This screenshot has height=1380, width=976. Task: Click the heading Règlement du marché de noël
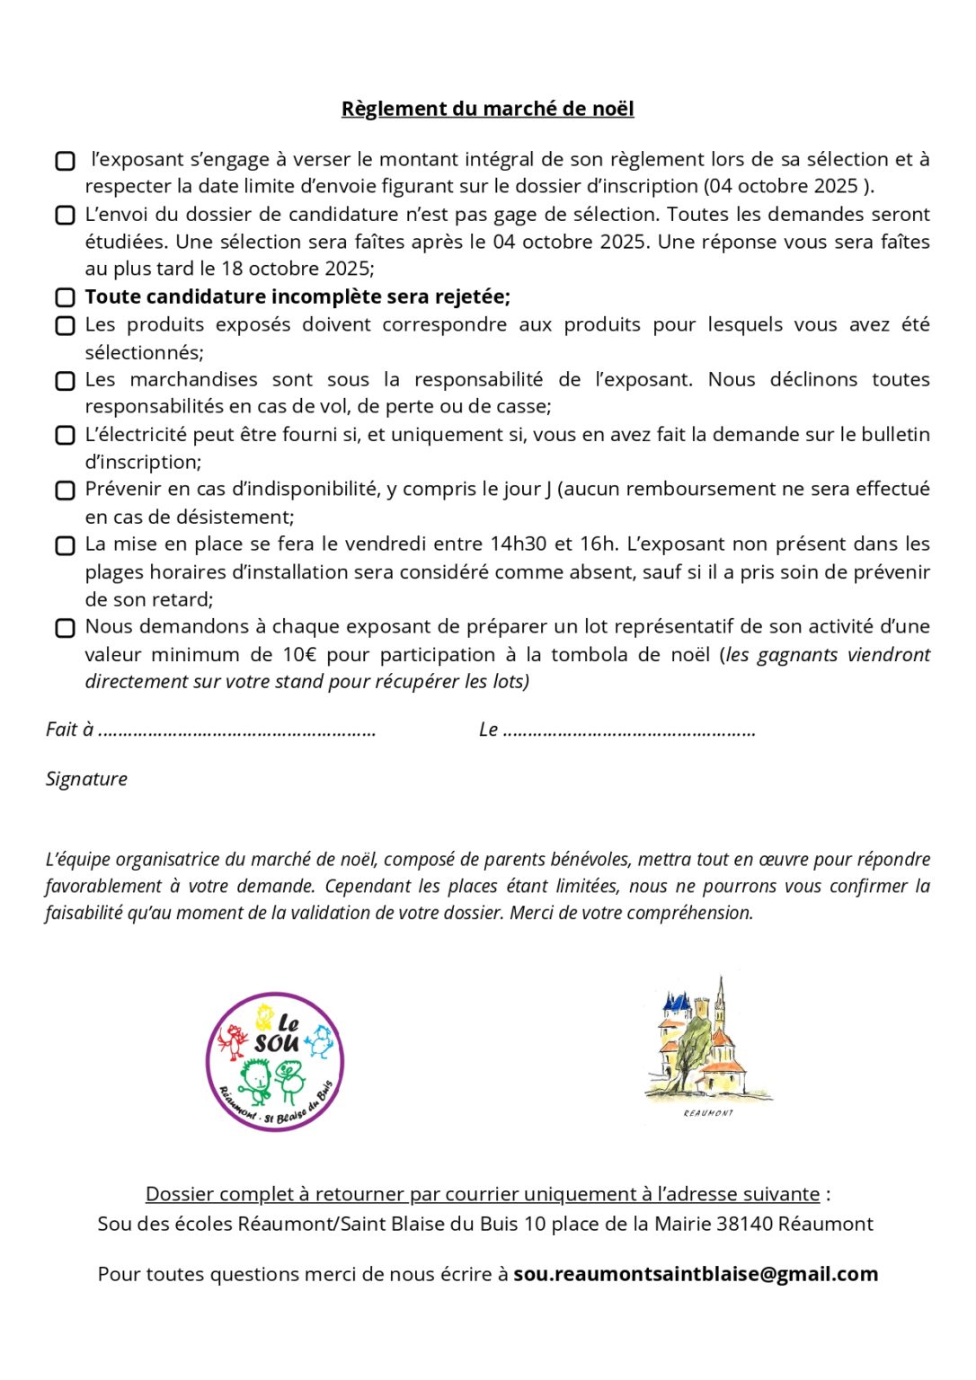coord(487,109)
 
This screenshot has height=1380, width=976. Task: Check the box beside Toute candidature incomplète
coord(65,297)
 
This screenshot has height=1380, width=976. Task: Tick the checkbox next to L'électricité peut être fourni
coord(65,436)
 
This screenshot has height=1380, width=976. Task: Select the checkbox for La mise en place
coord(65,545)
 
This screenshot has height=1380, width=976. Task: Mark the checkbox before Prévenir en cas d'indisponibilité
coord(65,491)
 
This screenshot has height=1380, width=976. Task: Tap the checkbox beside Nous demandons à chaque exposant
coord(65,628)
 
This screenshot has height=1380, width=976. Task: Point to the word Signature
coord(86,779)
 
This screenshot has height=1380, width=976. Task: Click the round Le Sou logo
coord(275,1062)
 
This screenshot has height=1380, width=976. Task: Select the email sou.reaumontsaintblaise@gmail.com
coord(696,1274)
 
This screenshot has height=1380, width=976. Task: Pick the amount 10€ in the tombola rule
coord(299,655)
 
